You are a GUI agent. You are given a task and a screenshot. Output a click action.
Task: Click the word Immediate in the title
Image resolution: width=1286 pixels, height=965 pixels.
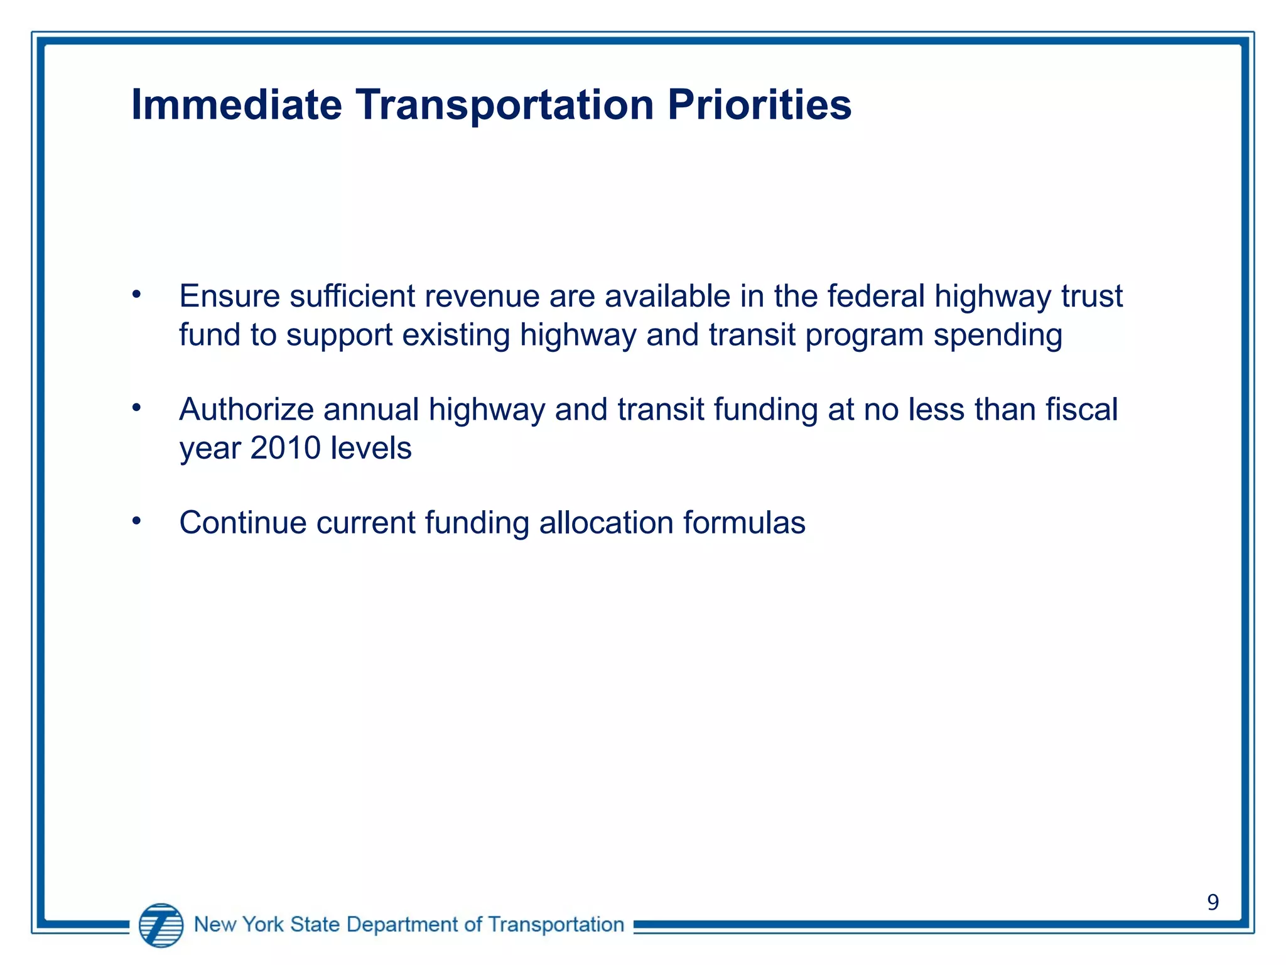(x=236, y=104)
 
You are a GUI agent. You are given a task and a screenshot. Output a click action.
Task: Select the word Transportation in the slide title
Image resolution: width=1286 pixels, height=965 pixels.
(x=504, y=104)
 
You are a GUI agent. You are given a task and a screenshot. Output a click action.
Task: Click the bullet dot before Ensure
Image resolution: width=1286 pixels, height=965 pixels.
(x=136, y=295)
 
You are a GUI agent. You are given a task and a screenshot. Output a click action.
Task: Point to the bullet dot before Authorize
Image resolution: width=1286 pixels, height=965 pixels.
(x=136, y=408)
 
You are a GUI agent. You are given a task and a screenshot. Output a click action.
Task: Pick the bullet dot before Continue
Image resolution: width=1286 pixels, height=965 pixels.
(x=136, y=521)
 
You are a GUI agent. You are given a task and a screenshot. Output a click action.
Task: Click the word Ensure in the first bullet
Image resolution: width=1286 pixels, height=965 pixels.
(x=229, y=296)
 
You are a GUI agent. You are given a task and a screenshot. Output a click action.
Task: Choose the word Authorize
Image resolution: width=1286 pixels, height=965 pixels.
(x=246, y=410)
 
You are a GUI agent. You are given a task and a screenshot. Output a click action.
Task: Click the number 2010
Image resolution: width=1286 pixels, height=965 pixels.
(x=285, y=449)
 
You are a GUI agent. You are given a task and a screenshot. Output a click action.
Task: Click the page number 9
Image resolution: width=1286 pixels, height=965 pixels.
(x=1213, y=902)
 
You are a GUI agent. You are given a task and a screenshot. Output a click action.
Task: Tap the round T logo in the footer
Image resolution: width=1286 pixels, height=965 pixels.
(x=161, y=925)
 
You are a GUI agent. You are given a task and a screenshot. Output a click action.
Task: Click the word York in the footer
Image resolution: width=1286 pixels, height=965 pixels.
(x=262, y=925)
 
